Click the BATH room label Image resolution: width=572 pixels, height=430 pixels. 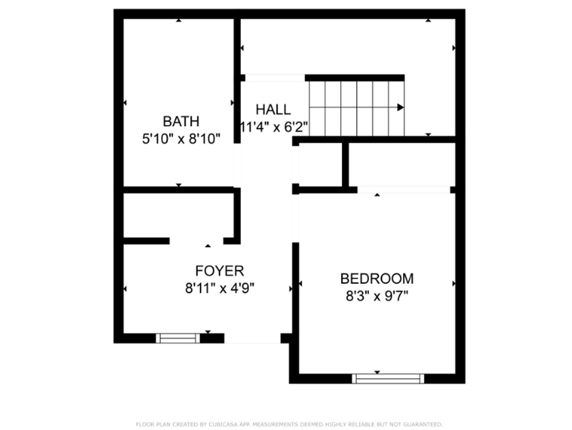click(181, 121)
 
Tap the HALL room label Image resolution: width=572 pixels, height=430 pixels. click(273, 109)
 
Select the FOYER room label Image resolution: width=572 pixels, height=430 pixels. click(219, 271)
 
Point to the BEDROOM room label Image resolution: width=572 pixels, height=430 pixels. click(377, 278)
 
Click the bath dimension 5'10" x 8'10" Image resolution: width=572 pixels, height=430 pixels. click(181, 139)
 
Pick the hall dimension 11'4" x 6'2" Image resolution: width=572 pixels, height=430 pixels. click(274, 127)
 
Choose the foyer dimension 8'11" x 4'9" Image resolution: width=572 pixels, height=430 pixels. click(219, 288)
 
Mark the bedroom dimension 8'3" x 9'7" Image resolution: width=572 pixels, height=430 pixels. click(377, 296)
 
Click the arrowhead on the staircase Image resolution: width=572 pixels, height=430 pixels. click(400, 107)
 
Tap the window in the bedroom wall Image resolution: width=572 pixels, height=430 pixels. click(388, 378)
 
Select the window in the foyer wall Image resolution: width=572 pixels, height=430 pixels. click(178, 338)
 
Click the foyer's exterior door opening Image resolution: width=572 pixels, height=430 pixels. click(252, 338)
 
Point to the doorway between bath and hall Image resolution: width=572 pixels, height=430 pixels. click(237, 165)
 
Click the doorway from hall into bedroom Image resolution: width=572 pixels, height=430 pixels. click(295, 218)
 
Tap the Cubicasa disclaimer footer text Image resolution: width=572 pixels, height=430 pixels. click(289, 424)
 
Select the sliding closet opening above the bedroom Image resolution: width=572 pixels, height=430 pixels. click(404, 190)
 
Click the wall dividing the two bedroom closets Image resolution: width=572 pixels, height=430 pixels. click(345, 164)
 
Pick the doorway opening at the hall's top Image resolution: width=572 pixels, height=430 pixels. click(275, 78)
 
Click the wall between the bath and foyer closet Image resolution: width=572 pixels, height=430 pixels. click(178, 190)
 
